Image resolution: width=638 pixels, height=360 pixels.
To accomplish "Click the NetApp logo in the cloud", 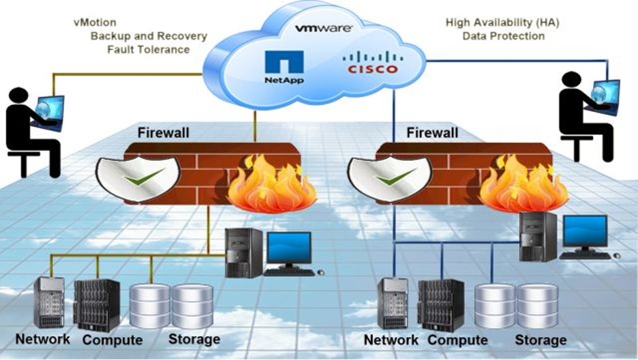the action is [x=284, y=67].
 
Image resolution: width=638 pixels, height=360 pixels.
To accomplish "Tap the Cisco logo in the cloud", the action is [x=373, y=63].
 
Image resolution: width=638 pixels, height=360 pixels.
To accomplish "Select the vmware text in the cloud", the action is [x=324, y=28].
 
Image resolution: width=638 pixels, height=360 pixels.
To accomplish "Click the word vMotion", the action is [x=95, y=22].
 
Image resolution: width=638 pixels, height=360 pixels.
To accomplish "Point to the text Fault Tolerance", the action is [x=149, y=50].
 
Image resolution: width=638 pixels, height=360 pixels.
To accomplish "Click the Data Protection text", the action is [x=503, y=36].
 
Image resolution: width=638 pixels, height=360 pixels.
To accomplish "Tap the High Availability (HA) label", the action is [x=502, y=22].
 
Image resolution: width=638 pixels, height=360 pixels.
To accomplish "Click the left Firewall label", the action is [x=163, y=132].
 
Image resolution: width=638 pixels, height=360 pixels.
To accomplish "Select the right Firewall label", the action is [x=432, y=132].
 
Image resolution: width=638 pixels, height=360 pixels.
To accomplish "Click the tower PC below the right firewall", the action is [x=538, y=237].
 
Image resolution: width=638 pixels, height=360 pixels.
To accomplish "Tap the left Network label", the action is [x=43, y=340].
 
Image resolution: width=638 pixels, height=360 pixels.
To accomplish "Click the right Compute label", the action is [x=457, y=340].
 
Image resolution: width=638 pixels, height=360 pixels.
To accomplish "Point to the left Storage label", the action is [x=194, y=340].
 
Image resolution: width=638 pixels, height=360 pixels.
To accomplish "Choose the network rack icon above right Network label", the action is [x=393, y=303].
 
